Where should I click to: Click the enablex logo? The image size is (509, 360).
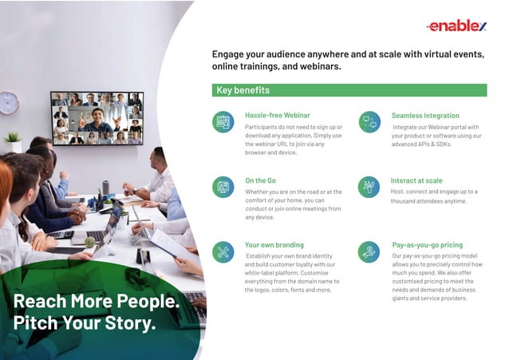pyautogui.click(x=456, y=26)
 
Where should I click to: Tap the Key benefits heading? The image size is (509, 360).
pyautogui.click(x=243, y=90)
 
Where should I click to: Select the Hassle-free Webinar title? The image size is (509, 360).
pyautogui.click(x=277, y=116)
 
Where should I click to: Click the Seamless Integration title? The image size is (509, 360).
pyautogui.click(x=425, y=116)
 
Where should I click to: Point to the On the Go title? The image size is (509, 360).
pyautogui.click(x=262, y=180)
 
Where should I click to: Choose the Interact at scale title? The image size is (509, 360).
pyautogui.click(x=416, y=180)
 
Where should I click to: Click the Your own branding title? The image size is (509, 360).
pyautogui.click(x=274, y=245)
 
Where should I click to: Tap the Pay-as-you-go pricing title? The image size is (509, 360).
pyautogui.click(x=428, y=245)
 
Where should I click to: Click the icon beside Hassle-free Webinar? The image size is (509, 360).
pyautogui.click(x=223, y=121)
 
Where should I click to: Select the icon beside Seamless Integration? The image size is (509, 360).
pyautogui.click(x=369, y=121)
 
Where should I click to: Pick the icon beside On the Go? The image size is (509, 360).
pyautogui.click(x=223, y=187)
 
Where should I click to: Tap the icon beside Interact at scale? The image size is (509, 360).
pyautogui.click(x=369, y=187)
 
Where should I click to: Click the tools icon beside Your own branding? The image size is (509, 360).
pyautogui.click(x=223, y=251)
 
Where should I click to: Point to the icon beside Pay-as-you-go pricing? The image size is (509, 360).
pyautogui.click(x=369, y=251)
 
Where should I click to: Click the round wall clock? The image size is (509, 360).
pyautogui.click(x=9, y=103)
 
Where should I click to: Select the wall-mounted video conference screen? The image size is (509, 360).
pyautogui.click(x=97, y=118)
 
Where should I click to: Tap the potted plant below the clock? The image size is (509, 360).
pyautogui.click(x=13, y=142)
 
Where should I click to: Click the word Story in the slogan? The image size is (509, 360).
pyautogui.click(x=128, y=323)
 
